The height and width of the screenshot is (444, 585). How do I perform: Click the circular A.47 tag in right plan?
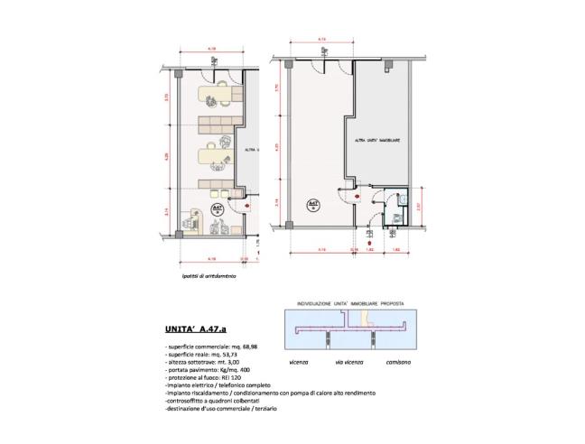313,206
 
